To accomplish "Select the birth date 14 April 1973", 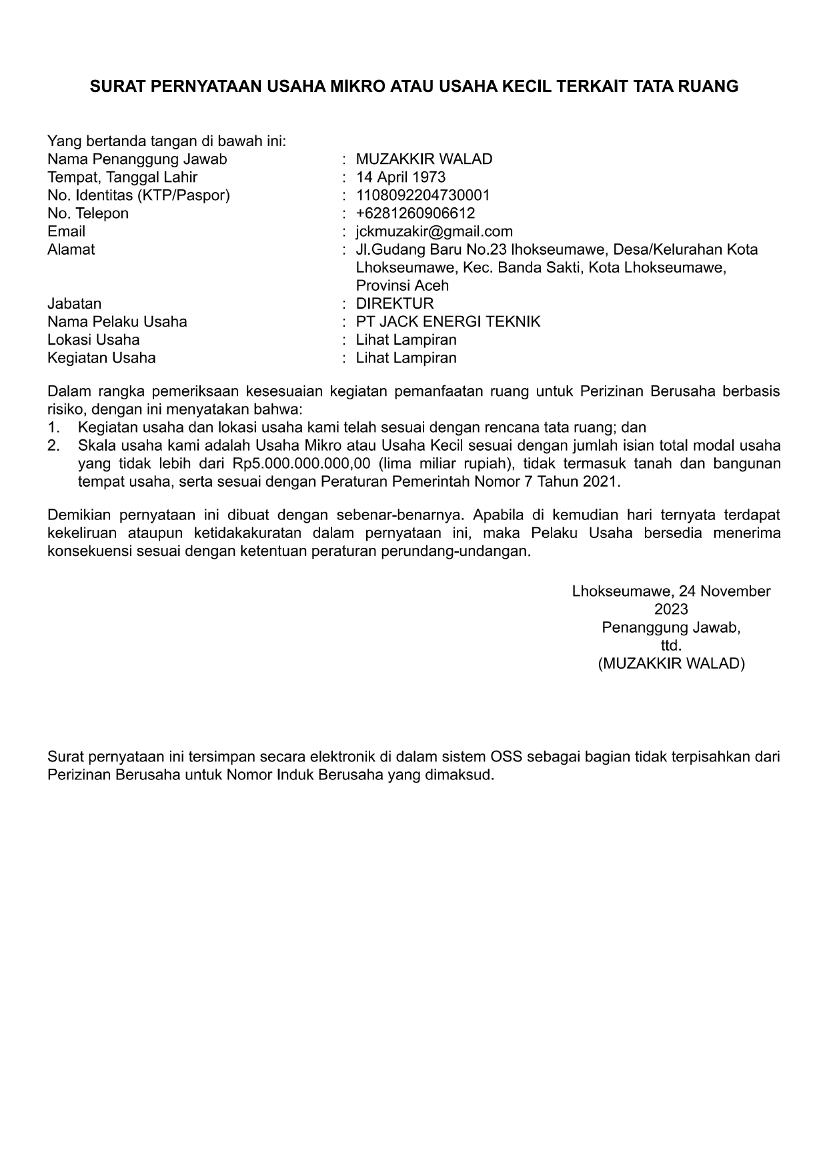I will pyautogui.click(x=400, y=177).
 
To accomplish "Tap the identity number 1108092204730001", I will pyautogui.click(x=423, y=195).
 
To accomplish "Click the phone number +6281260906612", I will pyautogui.click(x=415, y=213).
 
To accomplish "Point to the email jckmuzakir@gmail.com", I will pyautogui.click(x=434, y=231).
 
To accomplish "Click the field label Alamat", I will pyautogui.click(x=71, y=249).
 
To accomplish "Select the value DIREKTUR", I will pyautogui.click(x=394, y=303).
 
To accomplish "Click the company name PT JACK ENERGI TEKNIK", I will pyautogui.click(x=448, y=321).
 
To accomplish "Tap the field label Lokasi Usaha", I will pyautogui.click(x=93, y=339).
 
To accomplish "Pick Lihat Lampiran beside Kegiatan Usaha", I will pyautogui.click(x=406, y=357).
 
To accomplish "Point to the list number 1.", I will pyautogui.click(x=53, y=427).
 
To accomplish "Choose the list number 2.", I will pyautogui.click(x=53, y=445).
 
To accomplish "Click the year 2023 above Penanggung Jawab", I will pyautogui.click(x=671, y=609).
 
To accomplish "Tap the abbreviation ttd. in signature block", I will pyautogui.click(x=671, y=645).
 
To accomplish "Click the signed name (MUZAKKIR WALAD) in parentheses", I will pyautogui.click(x=671, y=663).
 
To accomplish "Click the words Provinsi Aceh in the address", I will pyautogui.click(x=402, y=285).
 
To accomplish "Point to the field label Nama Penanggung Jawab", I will pyautogui.click(x=137, y=159).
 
